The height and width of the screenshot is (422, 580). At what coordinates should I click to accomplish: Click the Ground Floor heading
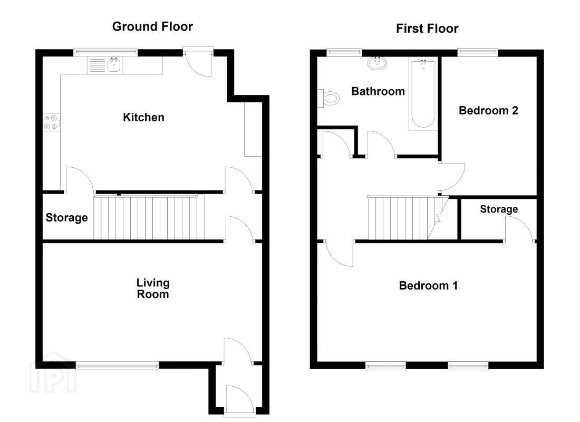(x=152, y=27)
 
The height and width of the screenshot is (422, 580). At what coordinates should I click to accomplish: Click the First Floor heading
(x=427, y=28)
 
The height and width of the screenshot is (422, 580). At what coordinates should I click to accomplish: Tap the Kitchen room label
(x=143, y=117)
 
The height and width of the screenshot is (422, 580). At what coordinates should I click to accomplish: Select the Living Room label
(x=153, y=289)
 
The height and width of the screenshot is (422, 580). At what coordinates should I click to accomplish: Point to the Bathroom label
(x=378, y=91)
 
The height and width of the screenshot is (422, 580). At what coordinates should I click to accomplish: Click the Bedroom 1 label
(x=428, y=286)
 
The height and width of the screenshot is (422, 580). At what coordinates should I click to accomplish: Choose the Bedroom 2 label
(x=488, y=110)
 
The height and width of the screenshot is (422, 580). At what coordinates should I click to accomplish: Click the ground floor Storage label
(x=66, y=218)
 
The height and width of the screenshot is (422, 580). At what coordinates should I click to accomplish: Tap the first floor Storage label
(x=499, y=209)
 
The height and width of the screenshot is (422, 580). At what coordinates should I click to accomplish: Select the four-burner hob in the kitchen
(x=51, y=122)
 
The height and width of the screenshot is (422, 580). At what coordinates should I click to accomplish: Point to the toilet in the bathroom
(x=329, y=99)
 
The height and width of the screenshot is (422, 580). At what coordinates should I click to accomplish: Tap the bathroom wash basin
(x=378, y=63)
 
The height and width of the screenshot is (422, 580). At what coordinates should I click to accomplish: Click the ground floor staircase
(x=149, y=218)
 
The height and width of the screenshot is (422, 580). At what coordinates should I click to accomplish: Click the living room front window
(x=117, y=366)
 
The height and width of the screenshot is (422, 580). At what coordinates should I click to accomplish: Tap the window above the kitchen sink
(x=105, y=52)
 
